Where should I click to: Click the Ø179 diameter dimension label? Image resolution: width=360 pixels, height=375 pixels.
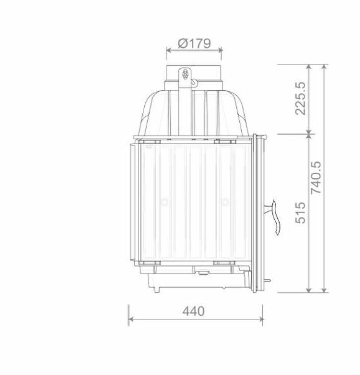[194, 43]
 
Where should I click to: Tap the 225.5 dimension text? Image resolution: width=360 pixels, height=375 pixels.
[300, 98]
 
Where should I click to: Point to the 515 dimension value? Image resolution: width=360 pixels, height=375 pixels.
[300, 213]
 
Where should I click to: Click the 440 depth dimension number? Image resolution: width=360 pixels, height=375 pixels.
[193, 311]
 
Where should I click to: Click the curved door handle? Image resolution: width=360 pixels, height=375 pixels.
[274, 217]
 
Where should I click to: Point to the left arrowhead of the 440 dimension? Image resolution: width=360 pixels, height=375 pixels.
[131, 319]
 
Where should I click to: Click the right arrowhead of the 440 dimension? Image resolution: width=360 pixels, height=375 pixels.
[261, 319]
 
